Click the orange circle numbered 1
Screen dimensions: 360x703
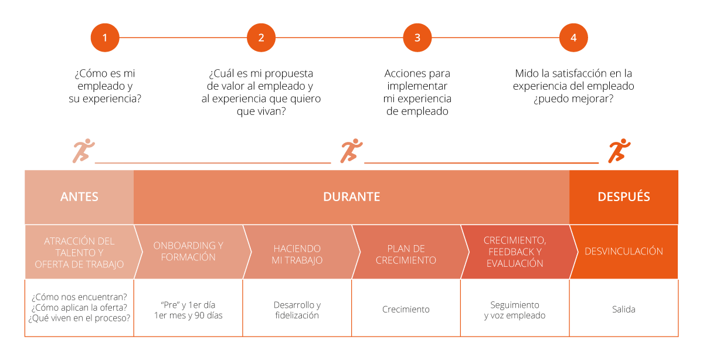point(105,38)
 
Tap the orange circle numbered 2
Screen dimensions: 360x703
point(261,38)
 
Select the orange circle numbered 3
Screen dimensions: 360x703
point(417,38)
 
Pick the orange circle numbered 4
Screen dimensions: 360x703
point(573,38)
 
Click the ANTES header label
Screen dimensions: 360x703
point(79,197)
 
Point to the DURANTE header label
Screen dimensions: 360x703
point(351,197)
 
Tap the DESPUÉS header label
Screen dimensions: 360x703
point(623,197)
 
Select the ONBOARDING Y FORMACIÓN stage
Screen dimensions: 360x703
point(188,252)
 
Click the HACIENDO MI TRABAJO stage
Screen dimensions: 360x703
point(297,254)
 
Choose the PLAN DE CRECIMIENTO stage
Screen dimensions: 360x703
point(406,254)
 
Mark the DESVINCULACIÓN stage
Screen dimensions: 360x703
point(624,252)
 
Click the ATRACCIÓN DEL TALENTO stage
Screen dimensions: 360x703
point(79,253)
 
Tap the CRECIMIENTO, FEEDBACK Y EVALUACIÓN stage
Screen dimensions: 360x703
point(515,252)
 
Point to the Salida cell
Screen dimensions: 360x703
point(624,309)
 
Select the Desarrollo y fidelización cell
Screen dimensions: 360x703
point(297,310)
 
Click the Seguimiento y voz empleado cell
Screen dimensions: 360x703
point(515,310)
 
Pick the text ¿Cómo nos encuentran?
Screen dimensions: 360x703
point(79,297)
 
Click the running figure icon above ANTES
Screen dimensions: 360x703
point(82,151)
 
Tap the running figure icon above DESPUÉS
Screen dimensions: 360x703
point(619,151)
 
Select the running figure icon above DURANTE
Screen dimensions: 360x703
point(351,151)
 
